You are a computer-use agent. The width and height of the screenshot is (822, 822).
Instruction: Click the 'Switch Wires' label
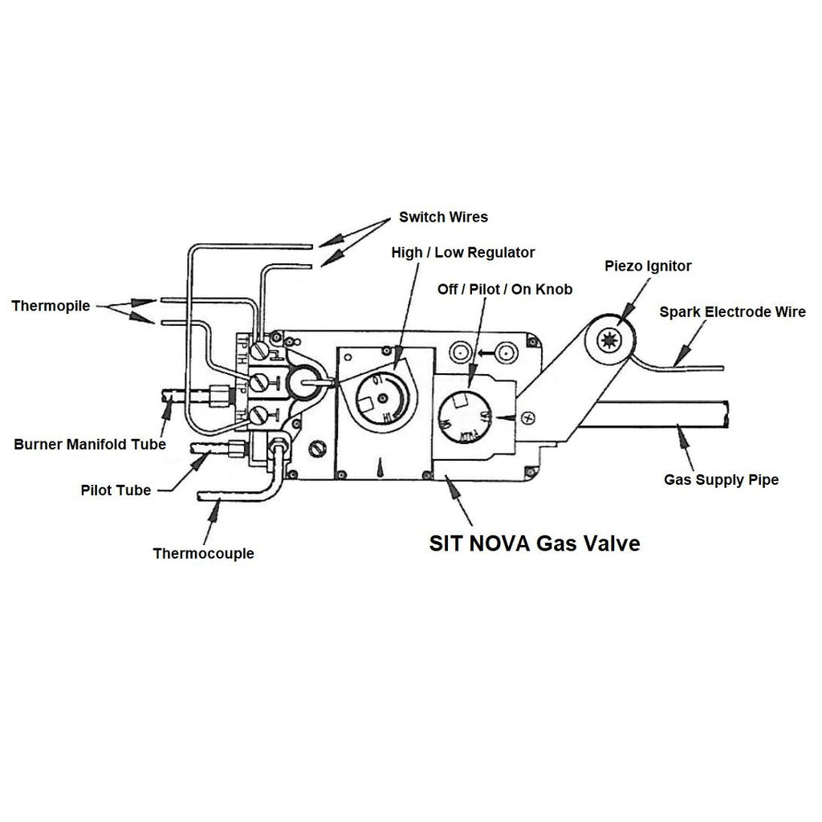coord(443,217)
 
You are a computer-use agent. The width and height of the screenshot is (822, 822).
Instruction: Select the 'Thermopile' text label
coord(51,306)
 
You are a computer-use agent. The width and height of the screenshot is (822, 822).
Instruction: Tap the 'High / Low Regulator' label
coord(462,252)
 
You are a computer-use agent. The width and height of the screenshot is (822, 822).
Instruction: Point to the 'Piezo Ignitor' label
coord(648,266)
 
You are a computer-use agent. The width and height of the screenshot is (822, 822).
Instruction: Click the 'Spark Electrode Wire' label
coord(732,312)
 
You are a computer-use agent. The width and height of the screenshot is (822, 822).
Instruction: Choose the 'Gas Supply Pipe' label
coord(721,480)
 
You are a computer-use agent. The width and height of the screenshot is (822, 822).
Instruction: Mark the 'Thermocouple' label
coord(203,553)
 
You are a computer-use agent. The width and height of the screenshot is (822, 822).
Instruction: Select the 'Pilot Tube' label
coord(116,490)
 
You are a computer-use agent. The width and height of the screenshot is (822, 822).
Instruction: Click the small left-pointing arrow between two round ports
coord(483,352)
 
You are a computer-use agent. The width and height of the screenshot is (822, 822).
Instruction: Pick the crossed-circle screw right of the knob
coord(527,418)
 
